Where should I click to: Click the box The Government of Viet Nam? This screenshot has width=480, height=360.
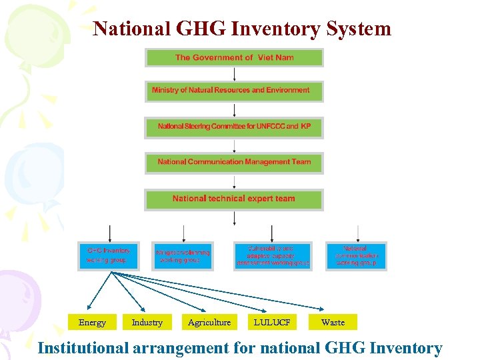pos(234,58)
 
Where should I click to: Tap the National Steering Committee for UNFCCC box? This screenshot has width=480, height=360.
pos(234,127)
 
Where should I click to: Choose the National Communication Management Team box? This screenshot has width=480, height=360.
pos(234,162)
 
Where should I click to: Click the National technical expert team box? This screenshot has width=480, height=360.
pos(234,199)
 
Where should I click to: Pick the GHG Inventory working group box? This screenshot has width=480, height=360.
pos(108,255)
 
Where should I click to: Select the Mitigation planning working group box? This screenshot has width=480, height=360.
pos(182,256)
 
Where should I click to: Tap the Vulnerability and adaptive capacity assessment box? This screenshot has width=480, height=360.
pos(273,256)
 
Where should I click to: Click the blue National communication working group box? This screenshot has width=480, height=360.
pos(356,256)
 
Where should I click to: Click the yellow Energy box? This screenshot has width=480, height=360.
pos(92,323)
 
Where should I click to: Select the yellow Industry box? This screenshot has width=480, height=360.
pos(147,323)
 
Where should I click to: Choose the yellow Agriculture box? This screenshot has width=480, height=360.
pos(209,323)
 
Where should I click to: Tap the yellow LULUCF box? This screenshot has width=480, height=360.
pos(272,323)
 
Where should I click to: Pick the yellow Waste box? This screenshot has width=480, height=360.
pos(333,323)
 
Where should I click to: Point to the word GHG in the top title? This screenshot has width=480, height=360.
pos(199,29)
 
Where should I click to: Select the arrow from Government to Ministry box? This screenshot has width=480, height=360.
pos(234,74)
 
